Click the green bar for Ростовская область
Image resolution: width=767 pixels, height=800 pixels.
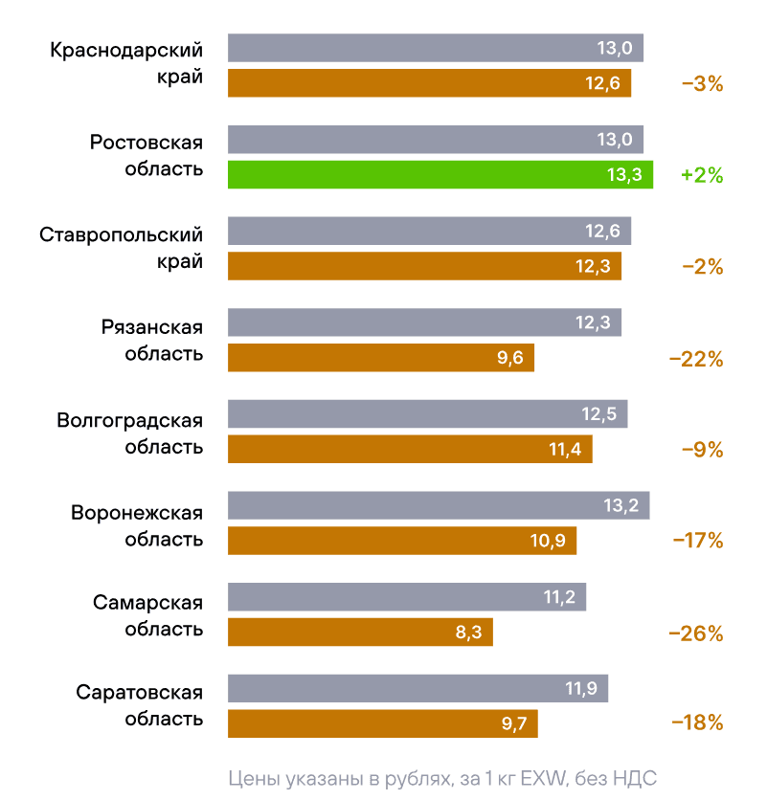[x=440, y=175]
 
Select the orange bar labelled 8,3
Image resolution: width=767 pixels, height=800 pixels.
[x=360, y=632]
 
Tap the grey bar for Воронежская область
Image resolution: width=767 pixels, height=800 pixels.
[x=439, y=505]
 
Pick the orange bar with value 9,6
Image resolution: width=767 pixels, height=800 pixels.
[x=380, y=358]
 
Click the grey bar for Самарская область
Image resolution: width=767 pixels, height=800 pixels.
[x=406, y=597]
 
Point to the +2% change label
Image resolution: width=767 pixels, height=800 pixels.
[x=701, y=176]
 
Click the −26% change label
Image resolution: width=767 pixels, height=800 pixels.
[x=696, y=633]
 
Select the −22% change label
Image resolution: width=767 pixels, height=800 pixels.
[x=696, y=360]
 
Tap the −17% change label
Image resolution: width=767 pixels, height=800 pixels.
[x=696, y=541]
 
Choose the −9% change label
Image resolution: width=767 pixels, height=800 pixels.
[x=701, y=450]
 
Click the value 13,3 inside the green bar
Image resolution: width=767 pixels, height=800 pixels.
[x=624, y=175]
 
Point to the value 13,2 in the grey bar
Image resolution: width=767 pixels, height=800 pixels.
[x=620, y=505]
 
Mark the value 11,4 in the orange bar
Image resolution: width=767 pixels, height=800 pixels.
[x=565, y=450]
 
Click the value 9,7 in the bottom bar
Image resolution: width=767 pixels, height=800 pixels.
[x=514, y=723]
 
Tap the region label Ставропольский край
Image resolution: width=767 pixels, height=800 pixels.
[x=122, y=247]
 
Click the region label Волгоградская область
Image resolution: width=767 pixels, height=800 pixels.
[x=130, y=433]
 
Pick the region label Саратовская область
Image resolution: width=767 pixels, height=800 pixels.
[x=139, y=706]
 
